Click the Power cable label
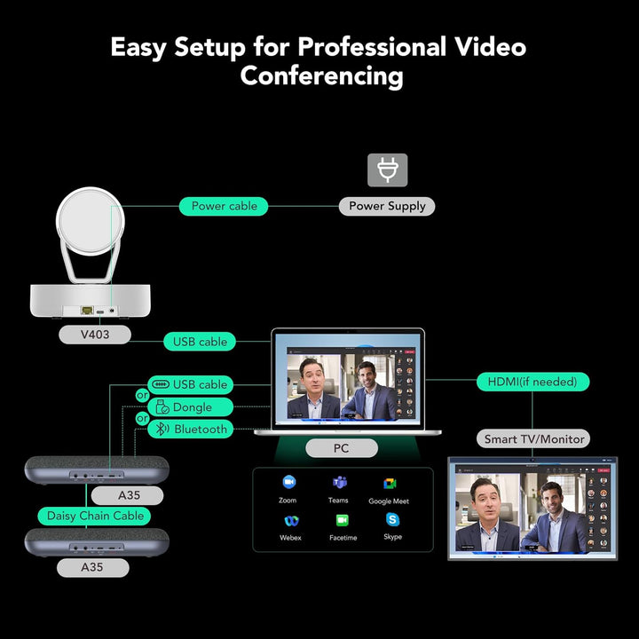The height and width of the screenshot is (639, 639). click(x=224, y=206)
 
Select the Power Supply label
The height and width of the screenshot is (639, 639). click(x=387, y=206)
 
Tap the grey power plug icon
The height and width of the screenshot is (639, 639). click(x=388, y=170)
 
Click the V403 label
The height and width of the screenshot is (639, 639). click(x=95, y=335)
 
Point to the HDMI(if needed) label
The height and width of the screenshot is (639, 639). click(x=532, y=382)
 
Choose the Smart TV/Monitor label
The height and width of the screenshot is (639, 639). click(x=533, y=439)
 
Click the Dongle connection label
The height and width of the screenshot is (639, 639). click(x=190, y=407)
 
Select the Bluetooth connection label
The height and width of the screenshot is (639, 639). click(x=190, y=430)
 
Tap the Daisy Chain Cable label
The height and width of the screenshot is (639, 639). click(x=94, y=516)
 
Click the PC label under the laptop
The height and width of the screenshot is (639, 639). click(x=342, y=448)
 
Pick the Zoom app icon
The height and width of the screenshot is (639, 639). click(x=289, y=482)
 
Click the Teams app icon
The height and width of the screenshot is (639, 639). click(x=339, y=482)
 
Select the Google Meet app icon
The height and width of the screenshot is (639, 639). click(x=390, y=484)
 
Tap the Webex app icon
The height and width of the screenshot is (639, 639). click(x=291, y=521)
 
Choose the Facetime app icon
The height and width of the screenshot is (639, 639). click(x=343, y=520)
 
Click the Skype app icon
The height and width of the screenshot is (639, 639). click(x=392, y=519)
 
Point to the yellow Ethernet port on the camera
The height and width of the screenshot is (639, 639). click(x=87, y=310)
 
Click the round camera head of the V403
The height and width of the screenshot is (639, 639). click(x=90, y=221)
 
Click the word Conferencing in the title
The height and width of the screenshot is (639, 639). click(x=321, y=76)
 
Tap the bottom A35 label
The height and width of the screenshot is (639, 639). click(x=93, y=567)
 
